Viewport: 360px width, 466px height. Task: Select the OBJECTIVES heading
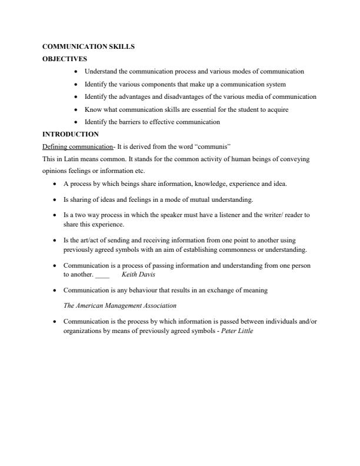tap(65, 59)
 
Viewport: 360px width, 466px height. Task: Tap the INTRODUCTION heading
tap(71, 135)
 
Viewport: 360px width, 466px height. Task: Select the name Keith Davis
tap(138, 275)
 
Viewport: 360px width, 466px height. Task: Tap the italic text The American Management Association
tap(119, 305)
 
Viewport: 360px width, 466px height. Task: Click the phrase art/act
tap(88, 241)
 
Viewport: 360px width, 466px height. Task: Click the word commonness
tap(235, 249)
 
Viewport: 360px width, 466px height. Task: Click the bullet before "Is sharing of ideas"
tap(55, 200)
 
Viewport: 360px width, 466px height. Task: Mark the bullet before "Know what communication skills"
tap(77, 109)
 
